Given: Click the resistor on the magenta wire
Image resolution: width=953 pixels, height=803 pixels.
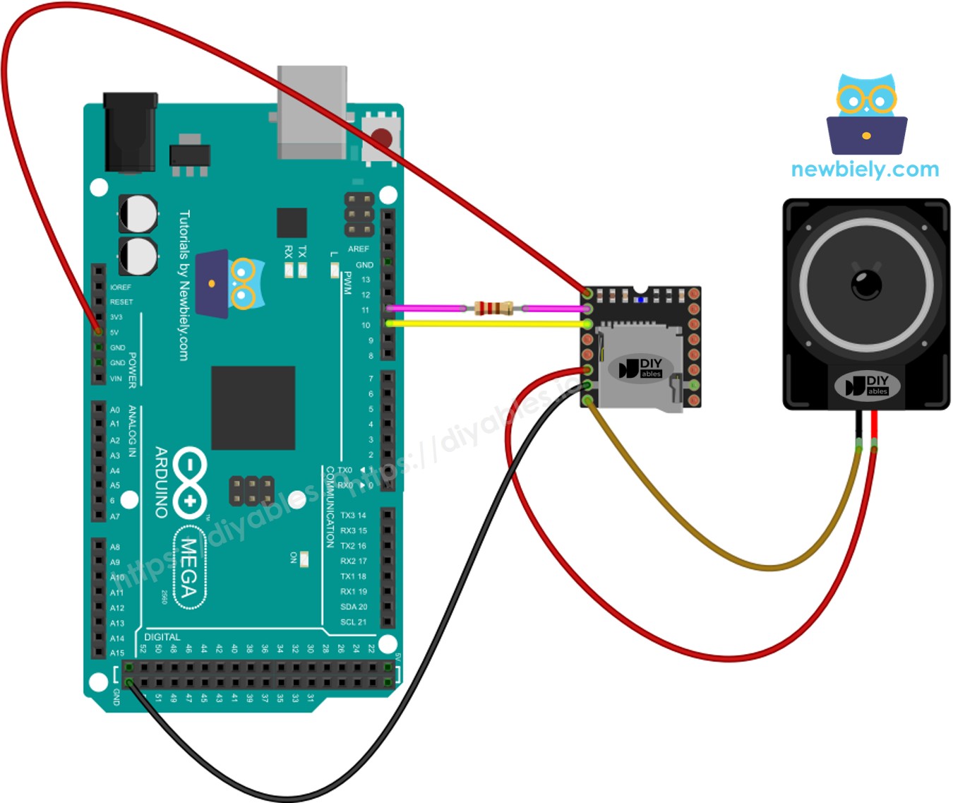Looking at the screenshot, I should (x=493, y=308).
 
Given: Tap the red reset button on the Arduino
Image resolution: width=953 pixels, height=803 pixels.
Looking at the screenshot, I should (x=382, y=136).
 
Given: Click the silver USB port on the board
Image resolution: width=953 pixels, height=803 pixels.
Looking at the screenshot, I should (x=312, y=113).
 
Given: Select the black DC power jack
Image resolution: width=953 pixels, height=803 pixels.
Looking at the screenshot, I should (x=131, y=132).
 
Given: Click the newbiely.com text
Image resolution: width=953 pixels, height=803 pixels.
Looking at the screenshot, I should (x=865, y=169).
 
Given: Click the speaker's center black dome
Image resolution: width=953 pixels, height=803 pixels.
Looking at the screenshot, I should (x=866, y=284).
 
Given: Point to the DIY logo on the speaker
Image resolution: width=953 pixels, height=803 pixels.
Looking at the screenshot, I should (x=867, y=385).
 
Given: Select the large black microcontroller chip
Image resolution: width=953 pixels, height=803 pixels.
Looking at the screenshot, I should (x=253, y=408).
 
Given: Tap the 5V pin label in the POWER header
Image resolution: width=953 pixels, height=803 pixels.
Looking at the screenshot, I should (x=114, y=332).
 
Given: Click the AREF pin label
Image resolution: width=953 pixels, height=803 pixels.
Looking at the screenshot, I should (x=359, y=249).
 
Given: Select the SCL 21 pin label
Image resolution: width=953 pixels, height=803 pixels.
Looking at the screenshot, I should (x=353, y=622).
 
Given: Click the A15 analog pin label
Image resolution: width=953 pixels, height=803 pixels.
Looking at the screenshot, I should (x=117, y=653).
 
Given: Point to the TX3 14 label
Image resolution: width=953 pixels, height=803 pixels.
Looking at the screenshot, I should (x=353, y=516).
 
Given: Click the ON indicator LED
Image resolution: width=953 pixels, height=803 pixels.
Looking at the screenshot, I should (x=304, y=559).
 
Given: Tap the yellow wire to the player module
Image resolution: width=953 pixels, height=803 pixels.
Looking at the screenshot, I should (x=487, y=323).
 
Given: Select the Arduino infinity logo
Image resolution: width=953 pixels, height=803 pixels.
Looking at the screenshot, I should (x=188, y=482).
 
